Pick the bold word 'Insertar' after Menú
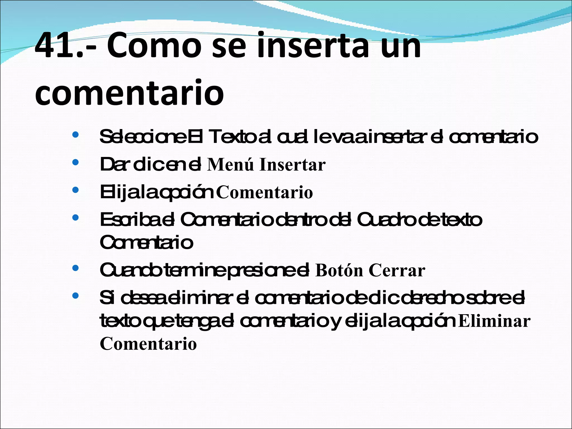tap(292, 165)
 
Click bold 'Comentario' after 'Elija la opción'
tap(264, 192)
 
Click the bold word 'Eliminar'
tap(494, 321)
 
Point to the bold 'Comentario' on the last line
tap(148, 344)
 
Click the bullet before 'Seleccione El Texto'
tap(75, 135)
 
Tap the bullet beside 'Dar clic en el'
tap(75, 162)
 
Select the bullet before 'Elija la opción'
tap(75, 190)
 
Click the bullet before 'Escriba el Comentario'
tap(75, 217)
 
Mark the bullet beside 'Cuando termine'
tap(75, 268)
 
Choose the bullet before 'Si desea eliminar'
tap(75, 295)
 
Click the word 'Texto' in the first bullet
tap(232, 137)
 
